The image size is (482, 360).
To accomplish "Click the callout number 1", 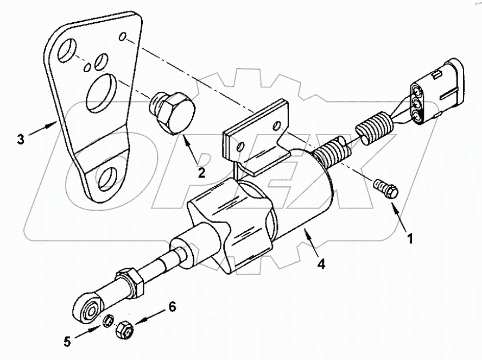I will pos(411,237).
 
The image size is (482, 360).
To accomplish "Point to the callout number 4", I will pos(321,264).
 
